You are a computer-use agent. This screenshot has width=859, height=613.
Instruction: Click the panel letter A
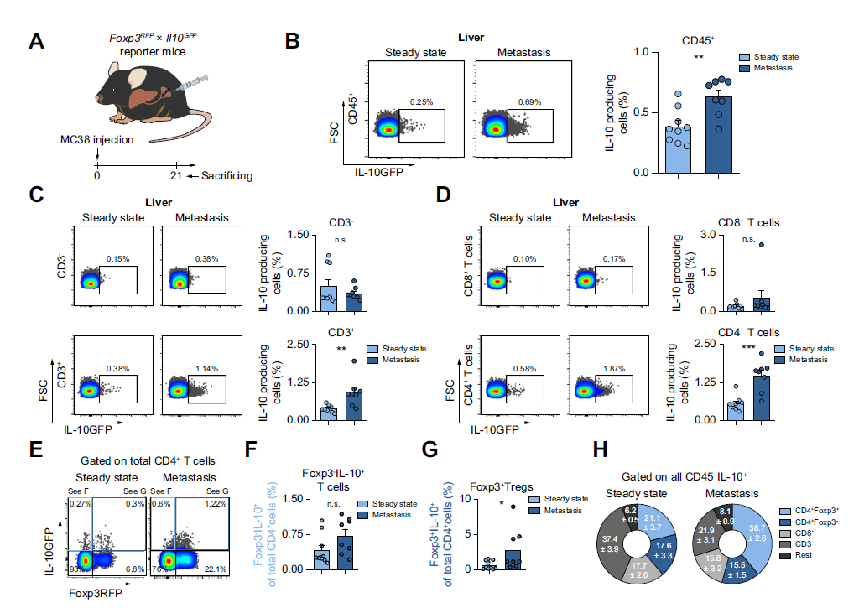[36, 42]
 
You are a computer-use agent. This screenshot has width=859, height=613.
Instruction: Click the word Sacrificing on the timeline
[225, 175]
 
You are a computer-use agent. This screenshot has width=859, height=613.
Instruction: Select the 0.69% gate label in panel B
[529, 101]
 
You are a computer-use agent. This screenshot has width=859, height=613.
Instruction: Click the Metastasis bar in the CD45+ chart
[718, 134]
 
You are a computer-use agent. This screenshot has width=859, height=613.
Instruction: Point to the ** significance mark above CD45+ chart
[697, 58]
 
